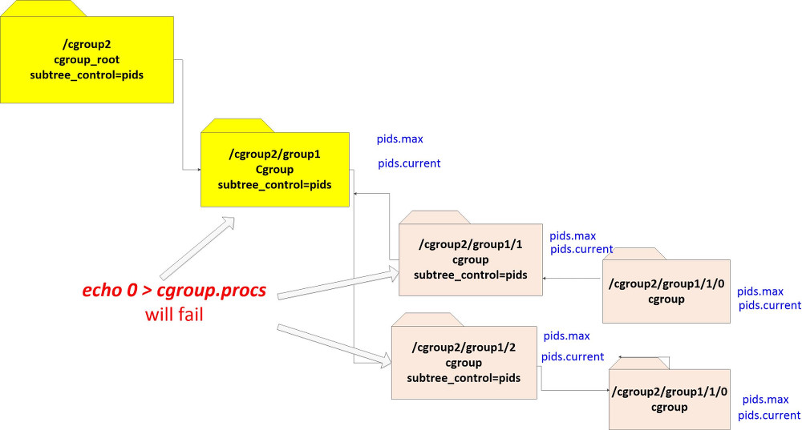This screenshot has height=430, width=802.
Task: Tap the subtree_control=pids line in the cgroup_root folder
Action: (x=87, y=74)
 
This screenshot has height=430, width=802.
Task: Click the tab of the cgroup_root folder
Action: (x=40, y=8)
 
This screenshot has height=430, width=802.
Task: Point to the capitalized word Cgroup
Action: (x=274, y=169)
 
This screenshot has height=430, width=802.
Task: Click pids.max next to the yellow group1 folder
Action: (x=399, y=139)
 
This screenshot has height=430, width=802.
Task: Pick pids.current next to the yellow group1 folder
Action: (x=409, y=164)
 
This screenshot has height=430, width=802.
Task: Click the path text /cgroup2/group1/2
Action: (x=464, y=348)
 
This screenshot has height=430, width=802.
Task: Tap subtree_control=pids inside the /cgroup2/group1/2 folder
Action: (x=464, y=378)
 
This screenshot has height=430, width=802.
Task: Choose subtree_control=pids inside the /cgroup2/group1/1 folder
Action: (x=471, y=275)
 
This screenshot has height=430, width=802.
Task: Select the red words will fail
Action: (x=174, y=314)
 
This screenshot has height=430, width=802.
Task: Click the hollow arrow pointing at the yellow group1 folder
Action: (x=196, y=247)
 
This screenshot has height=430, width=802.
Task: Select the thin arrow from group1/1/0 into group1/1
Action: (x=573, y=278)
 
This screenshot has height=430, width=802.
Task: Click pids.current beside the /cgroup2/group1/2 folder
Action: (x=573, y=357)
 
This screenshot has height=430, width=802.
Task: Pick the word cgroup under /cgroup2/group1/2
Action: (x=464, y=363)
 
